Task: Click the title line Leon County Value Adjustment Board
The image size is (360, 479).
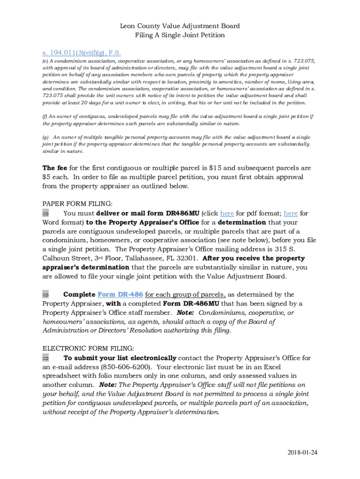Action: click(x=180, y=26)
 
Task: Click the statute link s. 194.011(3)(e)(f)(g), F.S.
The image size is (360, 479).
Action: click(x=82, y=52)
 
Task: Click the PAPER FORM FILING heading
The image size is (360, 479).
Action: click(x=77, y=204)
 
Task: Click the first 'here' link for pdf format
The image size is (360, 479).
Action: click(x=227, y=213)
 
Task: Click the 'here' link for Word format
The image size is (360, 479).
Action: click(x=290, y=213)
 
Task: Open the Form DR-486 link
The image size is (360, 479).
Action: click(x=120, y=294)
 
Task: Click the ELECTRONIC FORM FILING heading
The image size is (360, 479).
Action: click(x=88, y=348)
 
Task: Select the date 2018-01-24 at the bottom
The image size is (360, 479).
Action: click(x=302, y=452)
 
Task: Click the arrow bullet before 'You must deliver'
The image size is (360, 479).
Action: click(x=46, y=213)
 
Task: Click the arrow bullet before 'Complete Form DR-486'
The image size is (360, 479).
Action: click(x=46, y=295)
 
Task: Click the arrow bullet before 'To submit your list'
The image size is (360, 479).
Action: click(x=46, y=358)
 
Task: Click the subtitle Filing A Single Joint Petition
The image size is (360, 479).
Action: click(x=180, y=35)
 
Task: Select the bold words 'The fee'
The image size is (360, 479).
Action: click(x=55, y=168)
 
